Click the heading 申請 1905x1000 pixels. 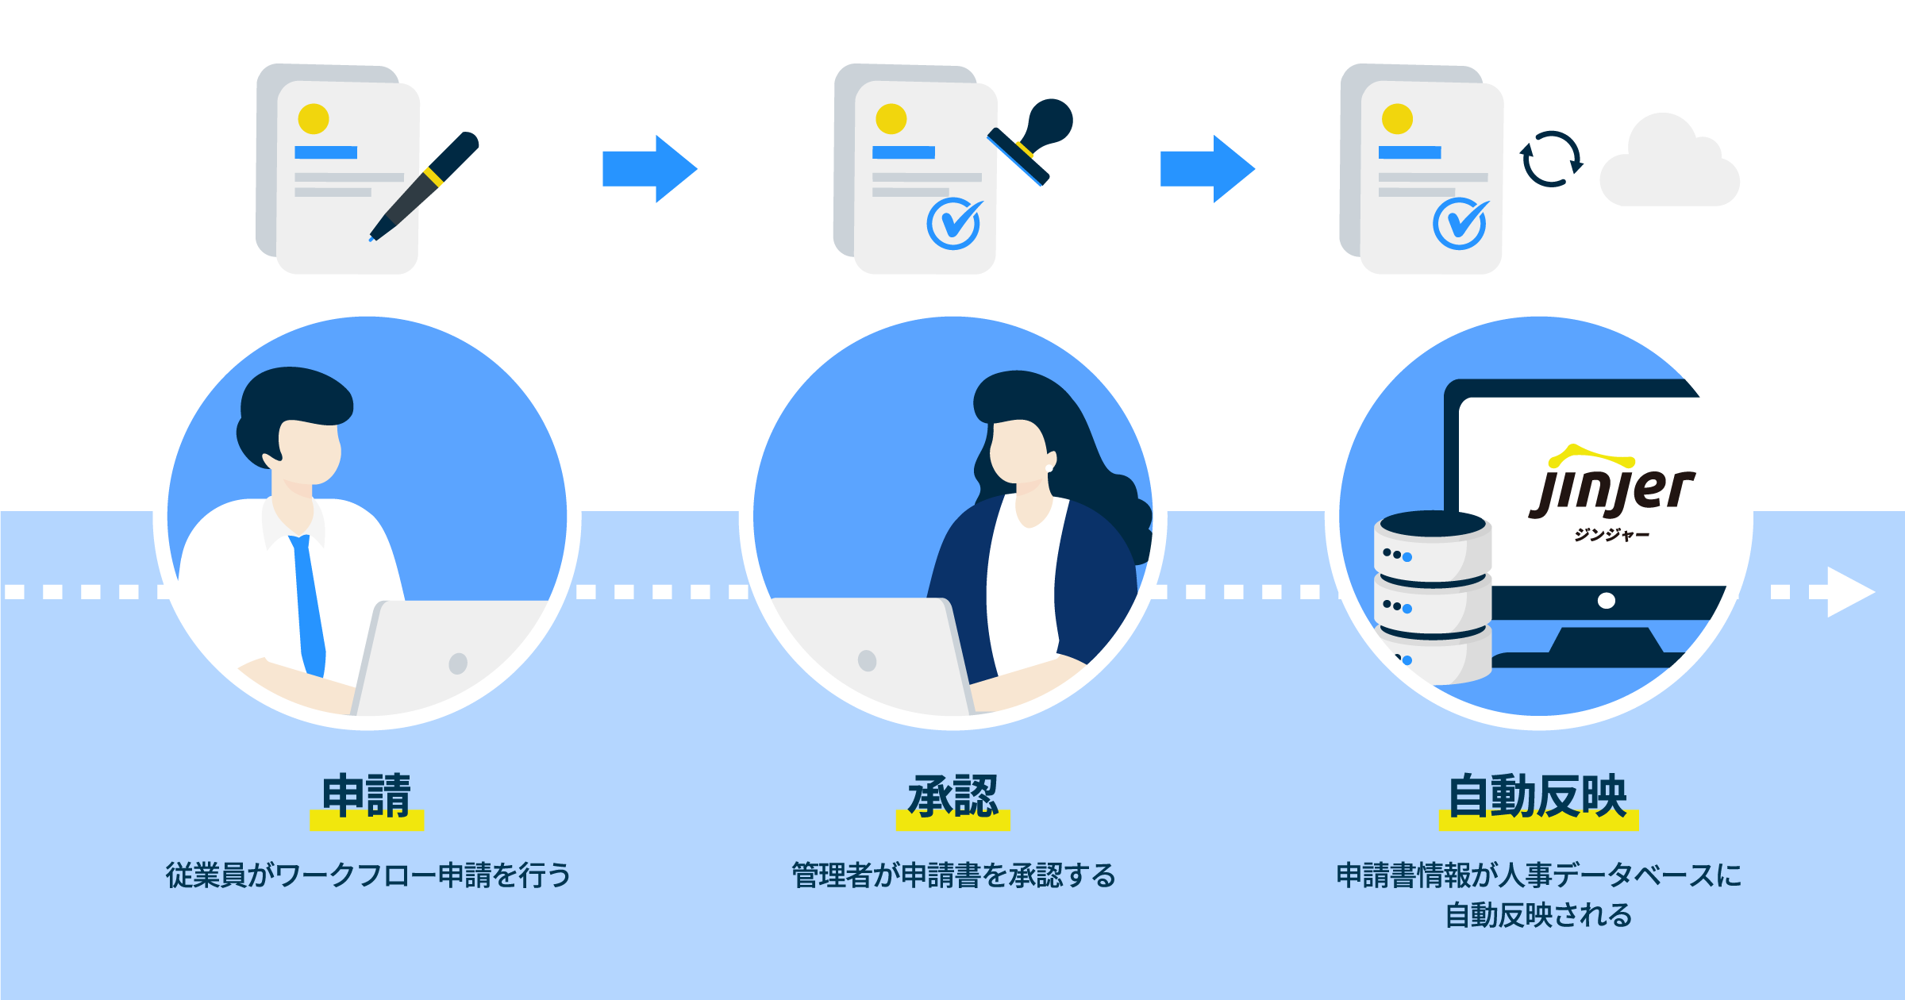click(367, 796)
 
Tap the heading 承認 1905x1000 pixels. click(952, 796)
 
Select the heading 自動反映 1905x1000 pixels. click(1537, 796)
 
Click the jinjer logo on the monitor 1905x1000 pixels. click(1611, 488)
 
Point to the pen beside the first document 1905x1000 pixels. click(425, 187)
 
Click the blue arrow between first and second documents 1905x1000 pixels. click(650, 169)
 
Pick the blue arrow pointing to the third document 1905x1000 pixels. click(1207, 169)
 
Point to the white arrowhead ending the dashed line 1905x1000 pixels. click(1849, 592)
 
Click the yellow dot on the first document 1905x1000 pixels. click(314, 119)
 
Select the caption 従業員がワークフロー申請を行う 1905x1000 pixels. click(368, 875)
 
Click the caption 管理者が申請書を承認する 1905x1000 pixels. click(953, 875)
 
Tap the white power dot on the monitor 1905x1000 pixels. click(1607, 601)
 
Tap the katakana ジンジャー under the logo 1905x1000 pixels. click(1611, 535)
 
